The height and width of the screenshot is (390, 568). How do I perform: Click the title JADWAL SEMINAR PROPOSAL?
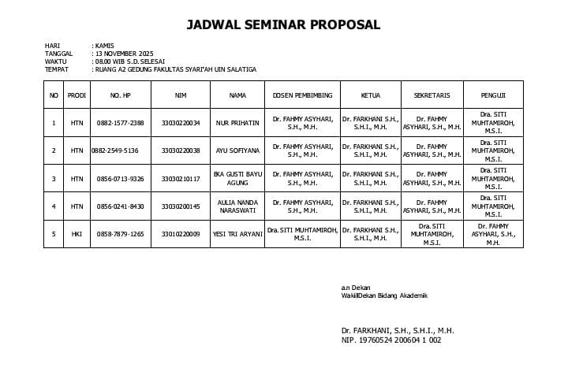pyautogui.click(x=283, y=24)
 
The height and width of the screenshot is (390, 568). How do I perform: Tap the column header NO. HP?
pyautogui.click(x=120, y=95)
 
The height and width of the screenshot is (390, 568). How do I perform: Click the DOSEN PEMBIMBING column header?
pyautogui.click(x=302, y=95)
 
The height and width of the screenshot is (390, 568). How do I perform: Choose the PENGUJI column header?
pyautogui.click(x=493, y=95)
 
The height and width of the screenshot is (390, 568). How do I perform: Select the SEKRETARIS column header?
pyautogui.click(x=432, y=95)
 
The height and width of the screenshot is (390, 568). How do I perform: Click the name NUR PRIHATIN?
pyautogui.click(x=237, y=123)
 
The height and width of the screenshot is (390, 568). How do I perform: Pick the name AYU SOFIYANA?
pyautogui.click(x=237, y=150)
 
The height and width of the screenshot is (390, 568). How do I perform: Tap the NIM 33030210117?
pyautogui.click(x=181, y=179)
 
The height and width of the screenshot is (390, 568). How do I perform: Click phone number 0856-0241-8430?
pyautogui.click(x=120, y=206)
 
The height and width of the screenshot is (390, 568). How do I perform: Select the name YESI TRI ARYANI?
pyautogui.click(x=237, y=234)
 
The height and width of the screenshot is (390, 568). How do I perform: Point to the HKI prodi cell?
pyautogui.click(x=77, y=234)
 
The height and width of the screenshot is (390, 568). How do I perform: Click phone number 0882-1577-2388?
pyautogui.click(x=120, y=123)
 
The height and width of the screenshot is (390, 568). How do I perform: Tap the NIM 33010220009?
pyautogui.click(x=181, y=234)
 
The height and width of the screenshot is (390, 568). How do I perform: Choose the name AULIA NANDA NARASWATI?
pyautogui.click(x=237, y=206)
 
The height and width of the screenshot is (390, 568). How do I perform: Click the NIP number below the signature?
pyautogui.click(x=391, y=340)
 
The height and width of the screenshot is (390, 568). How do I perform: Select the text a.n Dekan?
pyautogui.click(x=355, y=288)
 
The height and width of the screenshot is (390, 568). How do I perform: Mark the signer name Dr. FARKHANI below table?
pyautogui.click(x=398, y=331)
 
